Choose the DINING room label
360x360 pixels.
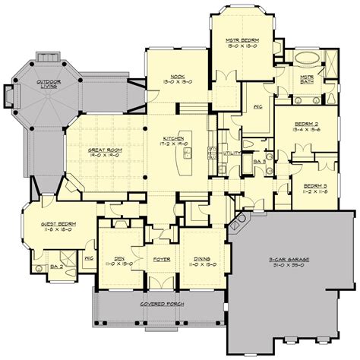[201, 257]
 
